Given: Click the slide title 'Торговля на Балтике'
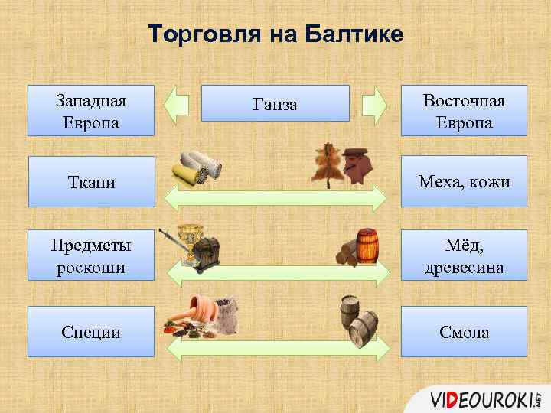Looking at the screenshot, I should click(275, 34).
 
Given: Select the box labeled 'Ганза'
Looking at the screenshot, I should click(275, 104).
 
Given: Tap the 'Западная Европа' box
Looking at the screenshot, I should click(91, 111).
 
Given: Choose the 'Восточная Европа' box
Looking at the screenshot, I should click(464, 111).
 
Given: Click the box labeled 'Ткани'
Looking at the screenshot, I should click(91, 181).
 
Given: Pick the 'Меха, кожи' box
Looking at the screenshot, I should click(464, 181).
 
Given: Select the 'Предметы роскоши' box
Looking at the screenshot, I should click(91, 255).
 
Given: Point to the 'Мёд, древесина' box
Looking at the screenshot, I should click(464, 255).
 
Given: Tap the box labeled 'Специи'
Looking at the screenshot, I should click(91, 331).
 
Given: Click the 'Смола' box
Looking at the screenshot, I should click(464, 331).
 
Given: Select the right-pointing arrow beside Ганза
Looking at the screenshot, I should click(374, 104).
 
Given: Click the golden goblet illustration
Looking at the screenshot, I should click(188, 241).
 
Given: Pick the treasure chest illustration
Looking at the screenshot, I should click(207, 252).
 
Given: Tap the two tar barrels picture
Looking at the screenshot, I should click(358, 320).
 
